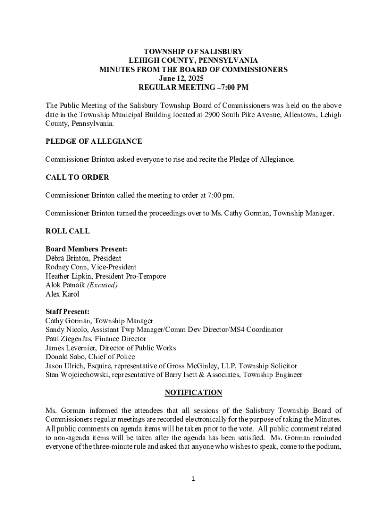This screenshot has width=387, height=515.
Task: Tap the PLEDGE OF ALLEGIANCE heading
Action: click(93, 141)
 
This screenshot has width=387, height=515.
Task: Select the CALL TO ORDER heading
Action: click(77, 177)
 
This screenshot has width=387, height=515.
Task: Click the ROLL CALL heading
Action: click(68, 231)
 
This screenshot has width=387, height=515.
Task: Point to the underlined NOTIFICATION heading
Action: click(193, 392)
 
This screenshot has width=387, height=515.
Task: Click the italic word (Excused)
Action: click(102, 285)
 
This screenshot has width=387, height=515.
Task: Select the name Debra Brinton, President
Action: click(83, 258)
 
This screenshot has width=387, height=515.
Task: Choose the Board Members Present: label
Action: click(86, 249)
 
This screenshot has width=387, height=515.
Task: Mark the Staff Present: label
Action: click(68, 312)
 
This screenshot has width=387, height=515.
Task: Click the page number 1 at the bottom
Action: click(193, 479)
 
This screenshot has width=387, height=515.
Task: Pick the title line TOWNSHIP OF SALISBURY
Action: click(193, 51)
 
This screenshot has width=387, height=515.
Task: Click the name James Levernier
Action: click(70, 348)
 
